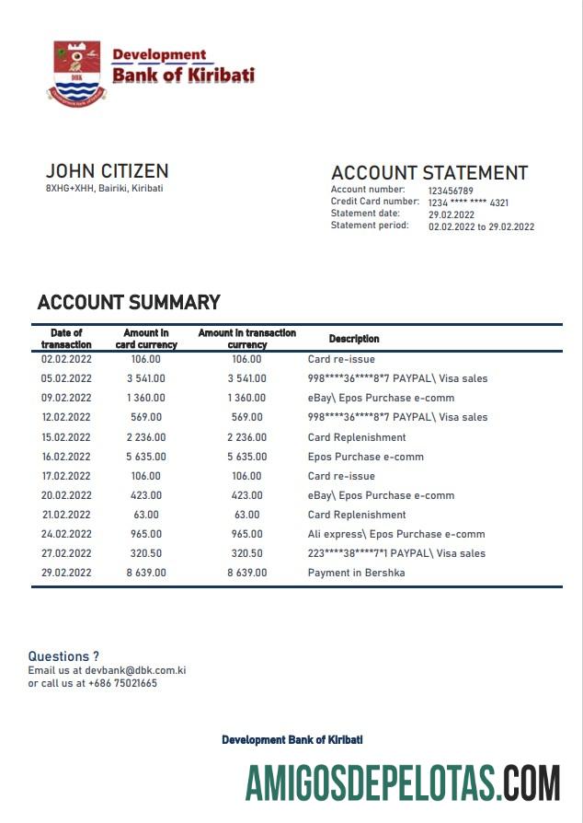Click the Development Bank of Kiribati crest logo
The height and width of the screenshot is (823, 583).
pos(77,70)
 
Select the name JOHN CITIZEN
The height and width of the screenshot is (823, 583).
pos(107,171)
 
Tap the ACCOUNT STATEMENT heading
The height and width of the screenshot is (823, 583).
pos(429,173)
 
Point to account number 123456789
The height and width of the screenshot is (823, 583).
pos(451,191)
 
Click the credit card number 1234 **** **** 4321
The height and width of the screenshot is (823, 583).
pos(468,203)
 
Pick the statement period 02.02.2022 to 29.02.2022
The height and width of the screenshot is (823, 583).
pos(481,226)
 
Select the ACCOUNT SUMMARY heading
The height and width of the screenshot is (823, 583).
pos(129,302)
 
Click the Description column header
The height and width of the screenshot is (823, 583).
pos(354,339)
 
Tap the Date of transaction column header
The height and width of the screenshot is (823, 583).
pos(66,338)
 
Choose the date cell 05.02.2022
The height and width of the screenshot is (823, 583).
pos(66,378)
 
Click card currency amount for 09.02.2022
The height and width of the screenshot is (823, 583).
pos(145,398)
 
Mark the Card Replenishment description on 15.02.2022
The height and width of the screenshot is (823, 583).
pos(356,437)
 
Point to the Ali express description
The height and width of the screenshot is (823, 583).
pos(395,534)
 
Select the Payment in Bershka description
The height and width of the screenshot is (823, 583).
pos(356,573)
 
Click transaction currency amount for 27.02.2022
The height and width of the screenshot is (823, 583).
pos(246,553)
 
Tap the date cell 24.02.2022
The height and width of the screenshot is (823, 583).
pos(66,534)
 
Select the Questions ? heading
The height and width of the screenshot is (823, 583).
pos(63,656)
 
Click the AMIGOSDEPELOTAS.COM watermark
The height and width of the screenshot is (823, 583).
pos(402,782)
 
